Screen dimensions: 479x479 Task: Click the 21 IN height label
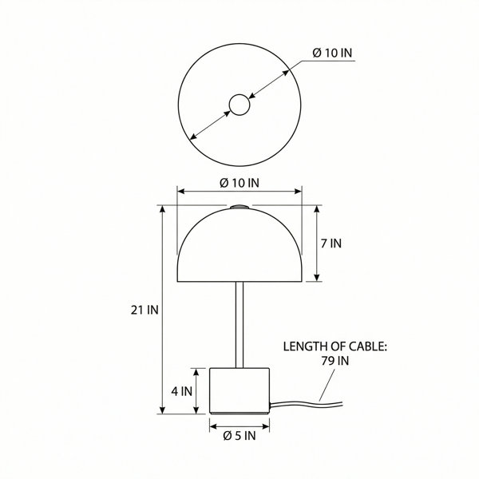point(144,310)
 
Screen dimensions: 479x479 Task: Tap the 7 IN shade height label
point(331,243)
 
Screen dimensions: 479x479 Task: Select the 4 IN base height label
point(181,391)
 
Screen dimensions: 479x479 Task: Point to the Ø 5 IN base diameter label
point(239,436)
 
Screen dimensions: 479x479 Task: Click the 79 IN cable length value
point(335,361)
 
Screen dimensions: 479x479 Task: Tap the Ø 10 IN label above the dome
point(239,183)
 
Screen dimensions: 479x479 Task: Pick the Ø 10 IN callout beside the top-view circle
point(332,53)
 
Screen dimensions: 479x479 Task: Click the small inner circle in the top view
point(239,105)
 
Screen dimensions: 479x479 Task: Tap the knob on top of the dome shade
point(239,207)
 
